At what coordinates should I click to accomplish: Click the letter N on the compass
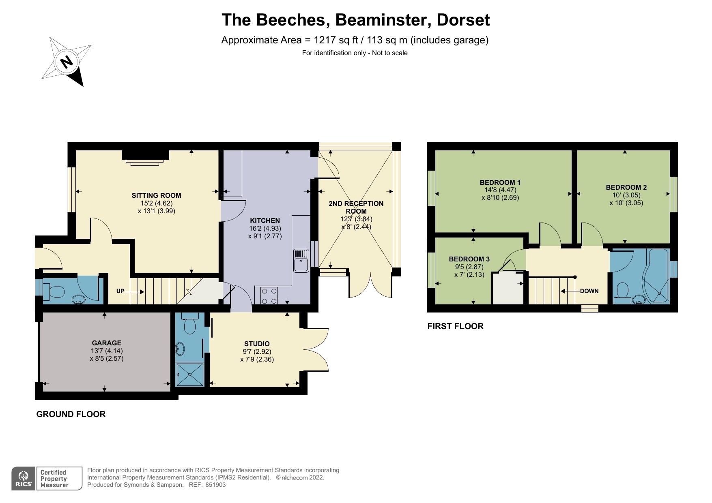(x=67, y=62)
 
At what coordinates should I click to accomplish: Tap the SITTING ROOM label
(x=156, y=195)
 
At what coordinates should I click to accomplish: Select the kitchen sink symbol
(x=301, y=260)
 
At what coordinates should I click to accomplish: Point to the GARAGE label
(x=106, y=343)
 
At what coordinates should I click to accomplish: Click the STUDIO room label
(x=257, y=344)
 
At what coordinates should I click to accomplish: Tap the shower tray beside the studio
(x=190, y=375)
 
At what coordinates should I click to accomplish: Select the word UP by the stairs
(x=120, y=291)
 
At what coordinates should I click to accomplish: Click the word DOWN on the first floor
(x=589, y=291)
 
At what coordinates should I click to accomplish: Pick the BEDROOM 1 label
(x=500, y=182)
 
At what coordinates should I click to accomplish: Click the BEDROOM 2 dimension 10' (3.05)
(x=626, y=195)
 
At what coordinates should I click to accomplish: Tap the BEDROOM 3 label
(x=469, y=259)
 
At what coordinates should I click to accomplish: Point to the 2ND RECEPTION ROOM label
(x=356, y=207)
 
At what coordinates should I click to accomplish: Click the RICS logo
(x=24, y=479)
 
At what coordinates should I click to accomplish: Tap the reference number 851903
(x=215, y=485)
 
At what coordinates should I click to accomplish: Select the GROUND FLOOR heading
(x=71, y=414)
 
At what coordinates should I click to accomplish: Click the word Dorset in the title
(x=463, y=20)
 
